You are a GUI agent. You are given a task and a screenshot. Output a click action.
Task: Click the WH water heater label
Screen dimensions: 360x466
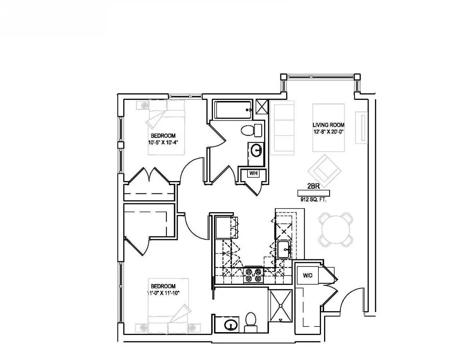click(x=253, y=173)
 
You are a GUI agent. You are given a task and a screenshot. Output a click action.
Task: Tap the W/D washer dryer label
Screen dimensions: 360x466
click(x=307, y=275)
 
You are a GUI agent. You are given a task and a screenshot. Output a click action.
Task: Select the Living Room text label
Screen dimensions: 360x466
click(x=328, y=125)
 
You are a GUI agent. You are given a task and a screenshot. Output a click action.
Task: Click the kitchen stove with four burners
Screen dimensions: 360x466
click(x=254, y=276)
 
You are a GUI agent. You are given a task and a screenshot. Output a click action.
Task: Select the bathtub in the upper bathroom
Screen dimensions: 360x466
click(x=233, y=110)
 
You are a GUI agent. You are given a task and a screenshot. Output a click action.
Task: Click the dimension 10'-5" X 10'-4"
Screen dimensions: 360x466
click(x=163, y=143)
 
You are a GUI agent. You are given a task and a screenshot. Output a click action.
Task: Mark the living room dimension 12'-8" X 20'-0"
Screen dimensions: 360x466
click(x=328, y=132)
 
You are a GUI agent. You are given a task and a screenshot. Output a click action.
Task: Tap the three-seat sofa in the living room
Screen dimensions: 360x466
click(x=282, y=128)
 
